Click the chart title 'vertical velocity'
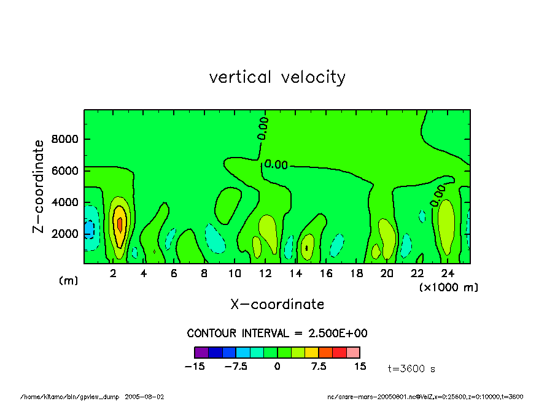tap(277, 78)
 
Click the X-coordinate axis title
tap(277, 304)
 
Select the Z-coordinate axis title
tap(38, 186)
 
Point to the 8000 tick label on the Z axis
tap(64, 139)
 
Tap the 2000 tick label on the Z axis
tap(64, 234)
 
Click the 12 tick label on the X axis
tap(265, 273)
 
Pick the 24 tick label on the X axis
tap(447, 273)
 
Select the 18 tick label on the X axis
tap(355, 273)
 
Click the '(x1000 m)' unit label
tap(448, 287)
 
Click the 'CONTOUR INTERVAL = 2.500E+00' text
tap(277, 334)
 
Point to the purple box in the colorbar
tap(201, 353)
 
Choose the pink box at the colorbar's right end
tap(353, 353)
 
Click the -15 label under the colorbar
tap(194, 367)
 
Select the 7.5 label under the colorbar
tap(319, 367)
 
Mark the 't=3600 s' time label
tap(411, 369)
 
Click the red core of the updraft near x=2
tap(120, 224)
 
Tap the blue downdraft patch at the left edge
tap(89, 229)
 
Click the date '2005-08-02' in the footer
tap(145, 397)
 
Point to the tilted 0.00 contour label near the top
tap(263, 128)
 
